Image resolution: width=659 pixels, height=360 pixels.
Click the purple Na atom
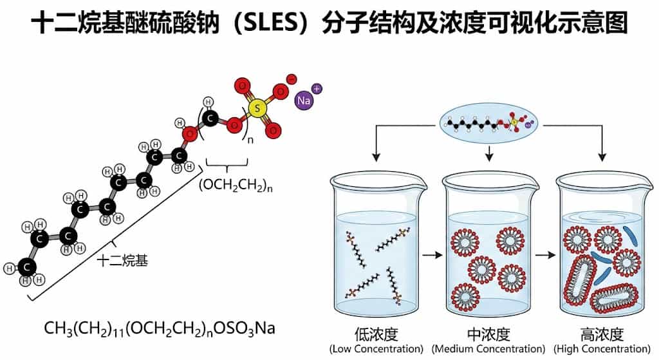tap(303, 100)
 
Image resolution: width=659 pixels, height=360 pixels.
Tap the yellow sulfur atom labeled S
tap(257, 109)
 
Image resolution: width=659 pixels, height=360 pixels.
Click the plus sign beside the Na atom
tap(316, 88)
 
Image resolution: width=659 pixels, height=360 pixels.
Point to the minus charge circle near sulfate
tap(291, 79)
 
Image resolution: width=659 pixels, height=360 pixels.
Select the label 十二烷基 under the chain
tap(122, 260)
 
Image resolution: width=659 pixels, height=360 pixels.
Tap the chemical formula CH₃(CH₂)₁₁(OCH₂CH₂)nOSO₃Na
tap(160, 328)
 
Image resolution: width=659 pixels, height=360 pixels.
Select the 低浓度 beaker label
tap(375, 334)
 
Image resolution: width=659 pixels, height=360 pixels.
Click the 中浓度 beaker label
tap(490, 334)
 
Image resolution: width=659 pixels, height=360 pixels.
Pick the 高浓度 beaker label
tap(602, 334)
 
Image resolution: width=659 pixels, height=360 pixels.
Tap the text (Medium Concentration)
tap(490, 348)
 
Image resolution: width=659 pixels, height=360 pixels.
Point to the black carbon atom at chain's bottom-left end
tap(26, 265)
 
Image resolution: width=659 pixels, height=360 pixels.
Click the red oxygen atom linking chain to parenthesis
tap(189, 134)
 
